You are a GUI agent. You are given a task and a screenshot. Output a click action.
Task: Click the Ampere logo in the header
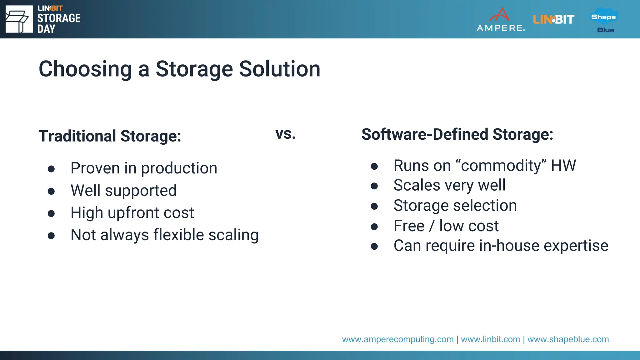(x=501, y=20)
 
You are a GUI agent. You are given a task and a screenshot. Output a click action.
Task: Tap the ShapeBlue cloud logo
(x=604, y=20)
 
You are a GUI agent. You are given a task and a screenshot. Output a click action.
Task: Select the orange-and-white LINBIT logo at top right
(x=553, y=19)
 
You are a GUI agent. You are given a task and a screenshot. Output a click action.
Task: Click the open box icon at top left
(x=19, y=19)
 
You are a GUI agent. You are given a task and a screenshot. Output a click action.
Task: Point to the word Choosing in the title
(x=85, y=69)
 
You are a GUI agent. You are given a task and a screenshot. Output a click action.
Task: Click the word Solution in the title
(x=280, y=69)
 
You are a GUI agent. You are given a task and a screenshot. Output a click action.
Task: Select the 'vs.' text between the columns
(x=285, y=134)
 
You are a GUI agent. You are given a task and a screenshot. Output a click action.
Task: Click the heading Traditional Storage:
(x=110, y=136)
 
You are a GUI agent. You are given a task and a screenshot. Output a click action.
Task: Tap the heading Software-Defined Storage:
(x=457, y=134)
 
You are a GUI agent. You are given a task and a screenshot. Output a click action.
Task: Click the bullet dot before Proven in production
(x=51, y=169)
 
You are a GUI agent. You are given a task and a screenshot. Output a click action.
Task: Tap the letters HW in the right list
(x=563, y=166)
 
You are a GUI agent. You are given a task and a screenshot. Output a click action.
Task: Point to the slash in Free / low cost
(x=432, y=226)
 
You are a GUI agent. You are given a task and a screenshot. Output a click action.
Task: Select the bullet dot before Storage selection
(x=374, y=206)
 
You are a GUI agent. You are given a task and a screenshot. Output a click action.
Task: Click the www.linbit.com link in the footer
(x=490, y=339)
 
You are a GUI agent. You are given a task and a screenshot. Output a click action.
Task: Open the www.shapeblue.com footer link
(x=568, y=339)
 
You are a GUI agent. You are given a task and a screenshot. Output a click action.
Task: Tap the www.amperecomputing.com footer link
(x=397, y=339)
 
